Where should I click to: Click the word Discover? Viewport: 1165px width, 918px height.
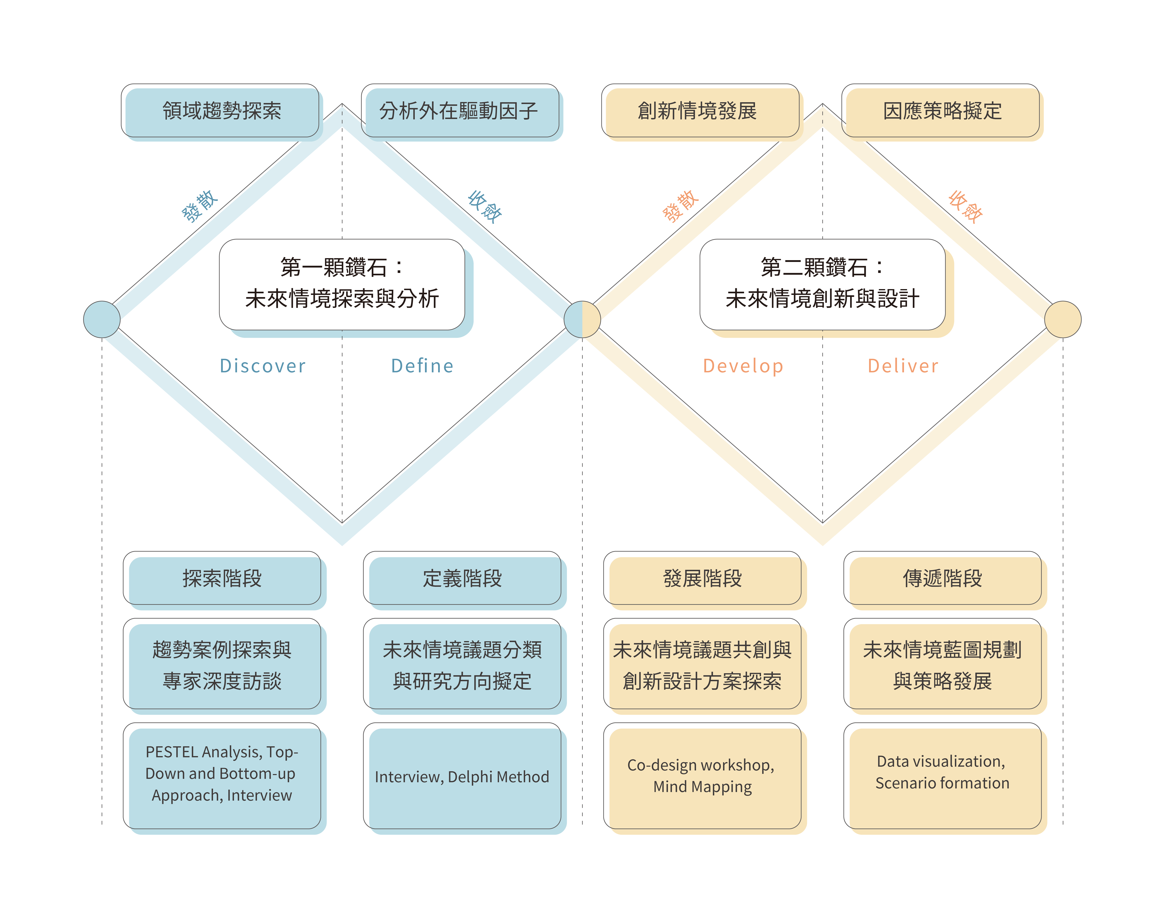262,366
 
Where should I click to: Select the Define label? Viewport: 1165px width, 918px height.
422,366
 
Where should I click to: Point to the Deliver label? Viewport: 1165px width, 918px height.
903,366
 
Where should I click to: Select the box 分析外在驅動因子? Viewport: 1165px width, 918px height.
460,111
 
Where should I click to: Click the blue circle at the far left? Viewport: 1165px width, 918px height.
102,319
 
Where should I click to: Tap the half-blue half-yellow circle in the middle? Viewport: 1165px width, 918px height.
582,319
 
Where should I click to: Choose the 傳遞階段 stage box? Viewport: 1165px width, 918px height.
942,579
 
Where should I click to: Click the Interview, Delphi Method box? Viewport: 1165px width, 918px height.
462,777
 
